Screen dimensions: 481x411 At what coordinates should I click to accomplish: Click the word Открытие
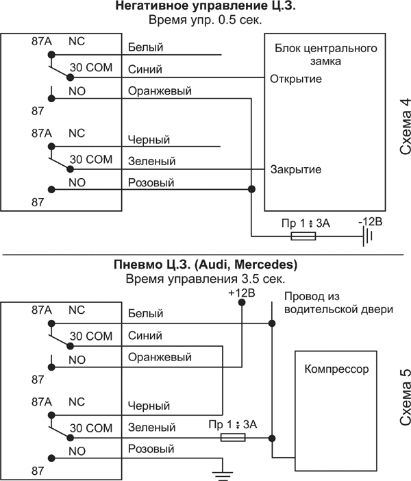pyautogui.click(x=296, y=78)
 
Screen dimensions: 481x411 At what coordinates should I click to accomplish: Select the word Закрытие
pyautogui.click(x=296, y=169)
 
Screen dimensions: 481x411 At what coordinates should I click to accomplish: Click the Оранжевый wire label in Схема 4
pyautogui.click(x=160, y=91)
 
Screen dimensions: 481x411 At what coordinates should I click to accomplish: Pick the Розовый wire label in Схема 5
pyautogui.click(x=151, y=449)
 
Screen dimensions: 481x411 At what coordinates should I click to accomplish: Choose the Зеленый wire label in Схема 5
pyautogui.click(x=151, y=428)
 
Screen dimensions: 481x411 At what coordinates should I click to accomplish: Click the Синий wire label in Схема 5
pyautogui.click(x=145, y=336)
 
